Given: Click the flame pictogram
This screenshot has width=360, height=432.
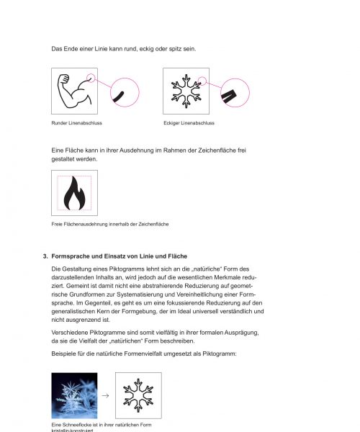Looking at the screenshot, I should (x=74, y=194).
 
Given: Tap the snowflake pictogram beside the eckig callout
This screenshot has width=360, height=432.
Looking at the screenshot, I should (x=186, y=91).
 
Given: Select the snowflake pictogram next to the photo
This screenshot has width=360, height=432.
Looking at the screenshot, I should (x=138, y=395).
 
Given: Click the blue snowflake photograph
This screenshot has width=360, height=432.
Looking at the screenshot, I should (x=74, y=395).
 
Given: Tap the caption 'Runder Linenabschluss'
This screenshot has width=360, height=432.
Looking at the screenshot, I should (x=76, y=123).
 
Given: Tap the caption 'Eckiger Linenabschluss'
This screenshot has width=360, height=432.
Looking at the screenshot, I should (x=189, y=123).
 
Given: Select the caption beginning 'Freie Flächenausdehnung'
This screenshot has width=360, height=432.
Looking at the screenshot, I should (x=110, y=225).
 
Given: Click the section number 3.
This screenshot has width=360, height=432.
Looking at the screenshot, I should (x=45, y=256).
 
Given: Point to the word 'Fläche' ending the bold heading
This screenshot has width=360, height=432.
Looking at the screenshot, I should (x=175, y=256).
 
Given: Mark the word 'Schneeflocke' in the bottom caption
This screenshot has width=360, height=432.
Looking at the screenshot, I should (x=78, y=425).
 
